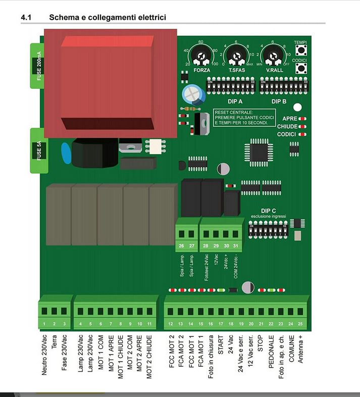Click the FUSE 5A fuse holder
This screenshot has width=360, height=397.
pos(40,150)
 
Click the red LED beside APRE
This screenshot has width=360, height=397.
pos(303,118)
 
